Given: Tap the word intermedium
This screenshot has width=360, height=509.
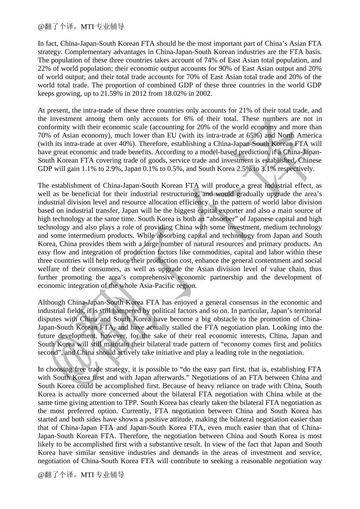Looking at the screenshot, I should [x=67, y=236].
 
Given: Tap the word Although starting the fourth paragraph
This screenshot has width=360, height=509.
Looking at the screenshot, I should [x=51, y=302].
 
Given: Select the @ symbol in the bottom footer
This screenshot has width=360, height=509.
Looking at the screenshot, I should [x=41, y=475].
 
